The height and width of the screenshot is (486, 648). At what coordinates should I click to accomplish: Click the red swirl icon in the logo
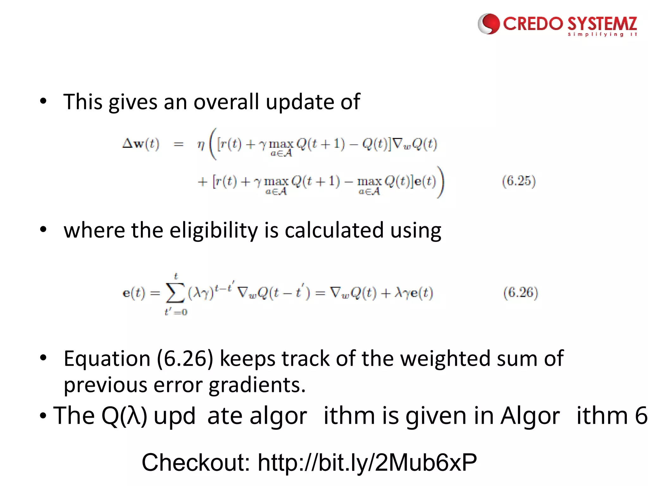click(488, 24)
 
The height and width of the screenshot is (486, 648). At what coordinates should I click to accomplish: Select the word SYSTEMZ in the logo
click(602, 24)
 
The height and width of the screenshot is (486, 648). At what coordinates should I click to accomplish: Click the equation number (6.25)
click(519, 181)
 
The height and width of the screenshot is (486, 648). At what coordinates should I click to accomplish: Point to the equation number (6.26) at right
click(520, 292)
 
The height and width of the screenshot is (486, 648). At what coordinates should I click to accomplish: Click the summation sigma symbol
click(175, 293)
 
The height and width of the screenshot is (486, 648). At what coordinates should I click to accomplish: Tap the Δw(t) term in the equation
click(141, 144)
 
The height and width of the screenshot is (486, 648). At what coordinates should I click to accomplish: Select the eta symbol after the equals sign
click(201, 145)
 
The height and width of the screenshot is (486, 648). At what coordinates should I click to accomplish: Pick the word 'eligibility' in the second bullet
click(214, 230)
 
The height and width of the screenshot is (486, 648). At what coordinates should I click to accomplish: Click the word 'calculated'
click(334, 230)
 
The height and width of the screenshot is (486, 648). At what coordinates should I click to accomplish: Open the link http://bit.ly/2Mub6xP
click(367, 462)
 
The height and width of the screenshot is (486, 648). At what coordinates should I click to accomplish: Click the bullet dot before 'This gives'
click(43, 101)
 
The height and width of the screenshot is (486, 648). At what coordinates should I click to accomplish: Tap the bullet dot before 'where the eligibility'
click(43, 229)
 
